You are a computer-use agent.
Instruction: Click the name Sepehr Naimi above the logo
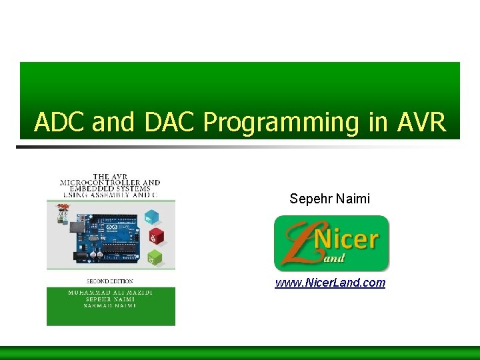coord(329,199)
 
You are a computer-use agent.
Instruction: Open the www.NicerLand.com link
coord(330,283)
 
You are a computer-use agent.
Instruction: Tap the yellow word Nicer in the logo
coord(351,239)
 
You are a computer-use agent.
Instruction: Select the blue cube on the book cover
coord(153,217)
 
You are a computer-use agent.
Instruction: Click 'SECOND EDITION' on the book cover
coord(110,281)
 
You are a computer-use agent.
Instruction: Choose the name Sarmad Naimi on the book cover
coord(111,307)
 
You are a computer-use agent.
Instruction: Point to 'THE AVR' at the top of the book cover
coord(111,176)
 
